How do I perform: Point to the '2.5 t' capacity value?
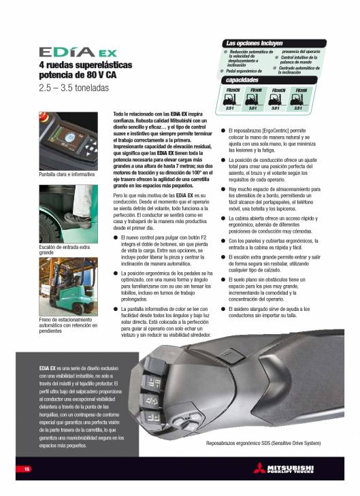click(x=231, y=108)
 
